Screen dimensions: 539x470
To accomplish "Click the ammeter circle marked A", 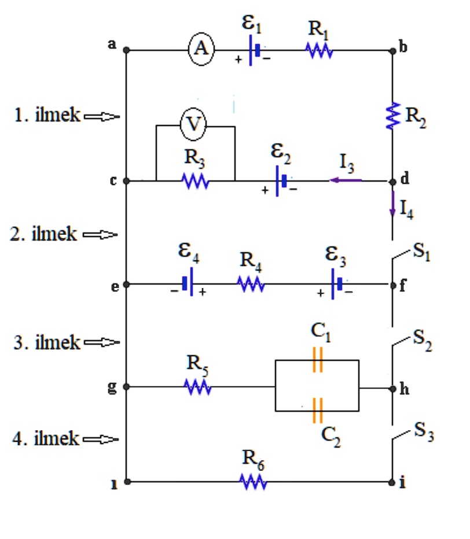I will pyautogui.click(x=201, y=50).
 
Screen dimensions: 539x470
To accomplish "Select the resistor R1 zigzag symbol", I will pyautogui.click(x=319, y=51).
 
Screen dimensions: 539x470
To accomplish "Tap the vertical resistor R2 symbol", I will pyautogui.click(x=393, y=115).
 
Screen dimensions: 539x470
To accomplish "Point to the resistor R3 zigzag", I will pyautogui.click(x=194, y=181).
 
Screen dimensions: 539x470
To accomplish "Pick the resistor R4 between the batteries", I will pyautogui.click(x=251, y=284).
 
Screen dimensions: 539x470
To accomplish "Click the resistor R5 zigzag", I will pyautogui.click(x=197, y=387).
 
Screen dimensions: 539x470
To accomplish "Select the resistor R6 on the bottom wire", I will pyautogui.click(x=253, y=481).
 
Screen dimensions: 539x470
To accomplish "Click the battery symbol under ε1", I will pyautogui.click(x=254, y=51).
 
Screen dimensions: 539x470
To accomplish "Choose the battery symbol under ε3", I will pyautogui.click(x=336, y=284).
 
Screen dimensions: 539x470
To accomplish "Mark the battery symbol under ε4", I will pyautogui.click(x=187, y=284).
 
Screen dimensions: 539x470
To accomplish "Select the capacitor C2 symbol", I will pyautogui.click(x=317, y=411).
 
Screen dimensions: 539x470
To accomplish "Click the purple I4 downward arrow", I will pyautogui.click(x=393, y=205).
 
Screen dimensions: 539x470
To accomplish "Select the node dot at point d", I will pyautogui.click(x=393, y=181).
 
